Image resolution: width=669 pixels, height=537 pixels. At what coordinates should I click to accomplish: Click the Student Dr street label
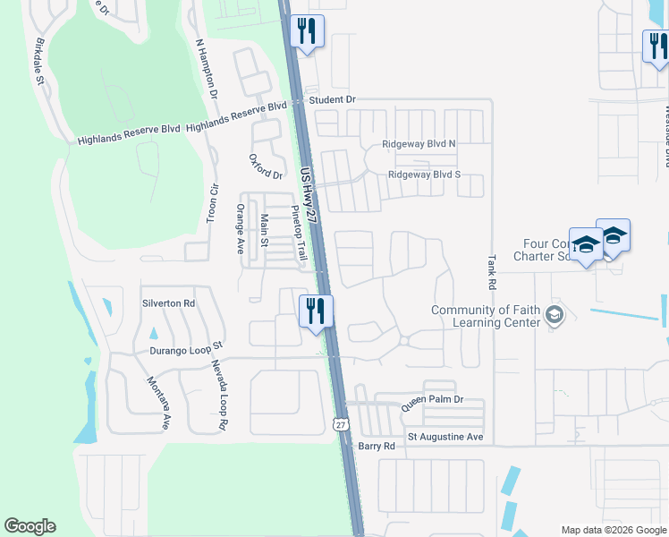pos(333,99)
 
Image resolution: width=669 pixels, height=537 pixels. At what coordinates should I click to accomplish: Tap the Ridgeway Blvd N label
pos(419,143)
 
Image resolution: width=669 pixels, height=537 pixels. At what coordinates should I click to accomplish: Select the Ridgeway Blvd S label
pos(424,175)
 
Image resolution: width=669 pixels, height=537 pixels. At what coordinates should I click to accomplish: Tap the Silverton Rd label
pos(168,303)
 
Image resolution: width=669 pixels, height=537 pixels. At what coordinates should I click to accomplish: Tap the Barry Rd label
pos(377,446)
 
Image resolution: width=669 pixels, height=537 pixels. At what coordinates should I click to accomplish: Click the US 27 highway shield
pos(342,425)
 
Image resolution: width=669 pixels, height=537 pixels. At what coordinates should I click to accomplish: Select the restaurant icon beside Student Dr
pos(307,31)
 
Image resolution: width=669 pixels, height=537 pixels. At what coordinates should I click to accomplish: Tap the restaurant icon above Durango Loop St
pos(315,311)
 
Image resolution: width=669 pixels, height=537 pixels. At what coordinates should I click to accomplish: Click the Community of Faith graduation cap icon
pos(555,315)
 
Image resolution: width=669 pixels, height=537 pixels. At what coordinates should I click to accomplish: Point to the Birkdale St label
pos(39,62)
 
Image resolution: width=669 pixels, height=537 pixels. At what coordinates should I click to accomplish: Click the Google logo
pos(30,526)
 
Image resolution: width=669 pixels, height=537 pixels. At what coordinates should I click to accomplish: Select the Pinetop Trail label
pos(300,234)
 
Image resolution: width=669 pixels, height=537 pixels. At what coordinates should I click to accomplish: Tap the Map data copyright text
pos(613,529)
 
